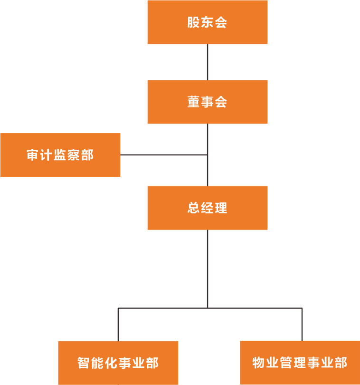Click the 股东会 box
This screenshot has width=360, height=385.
(x=208, y=22)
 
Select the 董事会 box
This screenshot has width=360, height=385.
(x=208, y=102)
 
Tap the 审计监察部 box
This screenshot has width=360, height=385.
(x=60, y=155)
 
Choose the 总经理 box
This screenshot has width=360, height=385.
(x=208, y=208)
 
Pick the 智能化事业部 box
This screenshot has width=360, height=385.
(x=118, y=363)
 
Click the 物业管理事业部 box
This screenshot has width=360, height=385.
(x=300, y=363)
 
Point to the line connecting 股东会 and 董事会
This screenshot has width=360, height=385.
(x=208, y=62)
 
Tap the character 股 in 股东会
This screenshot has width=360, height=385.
(x=193, y=23)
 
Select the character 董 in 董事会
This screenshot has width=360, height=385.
(x=193, y=102)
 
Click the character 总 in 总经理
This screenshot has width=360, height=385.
(x=193, y=208)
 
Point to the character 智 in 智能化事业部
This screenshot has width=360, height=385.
(x=84, y=363)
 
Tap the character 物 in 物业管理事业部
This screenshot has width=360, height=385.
(x=259, y=363)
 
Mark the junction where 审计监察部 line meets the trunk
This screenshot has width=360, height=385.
(x=208, y=155)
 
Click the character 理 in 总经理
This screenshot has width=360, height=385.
(x=221, y=208)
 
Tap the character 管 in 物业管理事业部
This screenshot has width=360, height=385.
(x=286, y=363)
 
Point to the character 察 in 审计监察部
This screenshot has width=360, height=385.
(x=74, y=155)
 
